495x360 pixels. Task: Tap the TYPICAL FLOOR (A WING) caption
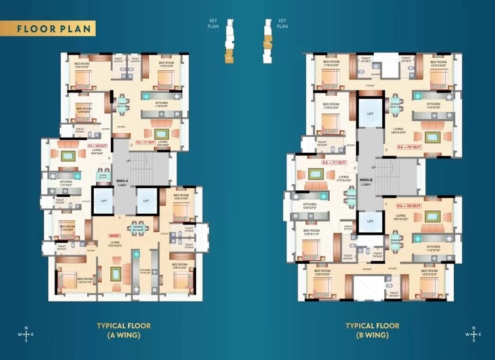tap(125, 330)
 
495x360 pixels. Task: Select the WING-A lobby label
tap(122, 183)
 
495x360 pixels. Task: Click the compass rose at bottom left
tap(26, 334)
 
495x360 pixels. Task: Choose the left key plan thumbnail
tap(228, 42)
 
